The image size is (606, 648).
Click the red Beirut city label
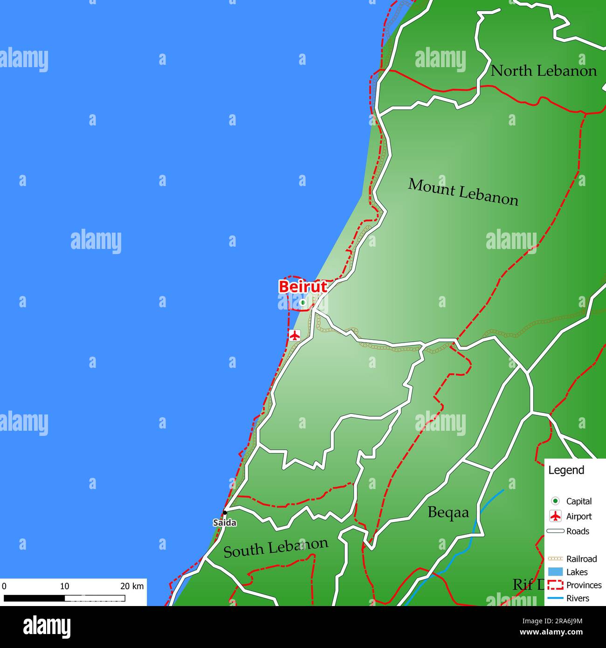303,287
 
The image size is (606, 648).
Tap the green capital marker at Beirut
303,303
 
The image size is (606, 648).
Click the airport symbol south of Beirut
294,335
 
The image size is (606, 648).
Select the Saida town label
225,523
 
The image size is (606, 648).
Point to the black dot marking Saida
225,512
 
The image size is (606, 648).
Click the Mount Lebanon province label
463,192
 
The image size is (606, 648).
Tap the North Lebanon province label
544,71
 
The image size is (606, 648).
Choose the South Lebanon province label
275,547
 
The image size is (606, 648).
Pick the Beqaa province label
448,512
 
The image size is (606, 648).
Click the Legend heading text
566,470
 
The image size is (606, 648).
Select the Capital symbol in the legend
555,501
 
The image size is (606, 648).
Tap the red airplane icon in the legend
555,516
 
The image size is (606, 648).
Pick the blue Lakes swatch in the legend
555,572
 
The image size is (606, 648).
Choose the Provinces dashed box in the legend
555,585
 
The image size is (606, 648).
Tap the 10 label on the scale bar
64,586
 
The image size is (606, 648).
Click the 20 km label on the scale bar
132,586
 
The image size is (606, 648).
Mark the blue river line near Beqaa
475,531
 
